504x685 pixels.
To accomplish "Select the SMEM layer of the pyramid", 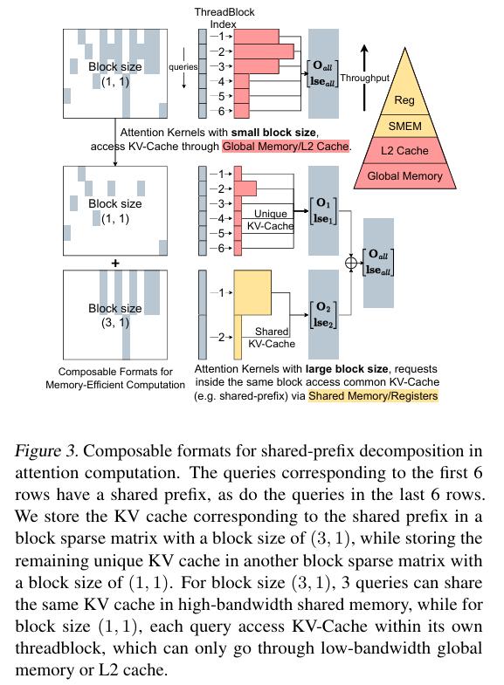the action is [404, 127].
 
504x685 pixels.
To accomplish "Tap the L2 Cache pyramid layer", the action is [404, 151].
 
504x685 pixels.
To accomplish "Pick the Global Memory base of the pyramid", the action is [404, 176].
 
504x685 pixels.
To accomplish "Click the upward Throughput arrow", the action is [365, 78].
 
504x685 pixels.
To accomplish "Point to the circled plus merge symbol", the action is [351, 263].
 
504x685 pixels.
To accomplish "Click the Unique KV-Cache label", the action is [271, 220].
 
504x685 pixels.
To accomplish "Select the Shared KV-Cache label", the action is [272, 338].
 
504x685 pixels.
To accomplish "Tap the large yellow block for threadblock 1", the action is [252, 292].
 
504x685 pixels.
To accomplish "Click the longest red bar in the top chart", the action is [264, 51].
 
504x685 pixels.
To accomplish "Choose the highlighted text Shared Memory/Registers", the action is [373, 396].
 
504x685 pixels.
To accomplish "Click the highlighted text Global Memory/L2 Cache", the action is [286, 147].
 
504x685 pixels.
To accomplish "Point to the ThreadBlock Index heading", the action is [224, 18].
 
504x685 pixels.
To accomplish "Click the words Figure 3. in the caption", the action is [47, 451].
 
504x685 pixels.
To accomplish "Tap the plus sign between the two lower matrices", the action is [115, 263].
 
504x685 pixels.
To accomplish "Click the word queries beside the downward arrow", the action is [183, 67].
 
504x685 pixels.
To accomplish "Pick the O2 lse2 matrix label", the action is [323, 314].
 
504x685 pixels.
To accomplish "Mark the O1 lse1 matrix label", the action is [323, 211].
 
